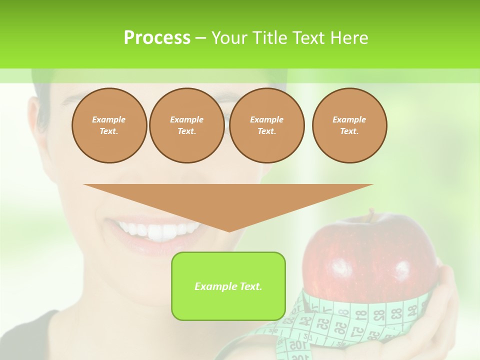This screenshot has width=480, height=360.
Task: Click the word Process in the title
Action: click(x=157, y=38)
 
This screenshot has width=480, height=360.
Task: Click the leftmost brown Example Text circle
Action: click(x=109, y=125)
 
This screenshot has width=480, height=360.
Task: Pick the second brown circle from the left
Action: click(x=186, y=125)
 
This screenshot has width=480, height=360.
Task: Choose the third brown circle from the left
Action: click(x=266, y=125)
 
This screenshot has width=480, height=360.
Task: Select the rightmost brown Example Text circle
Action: click(x=349, y=125)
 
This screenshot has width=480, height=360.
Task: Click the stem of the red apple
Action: click(x=370, y=215)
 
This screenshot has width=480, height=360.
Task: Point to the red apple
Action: click(x=370, y=255)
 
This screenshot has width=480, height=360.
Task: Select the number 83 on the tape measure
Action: click(x=396, y=313)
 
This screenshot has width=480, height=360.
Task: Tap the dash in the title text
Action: click(x=200, y=38)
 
